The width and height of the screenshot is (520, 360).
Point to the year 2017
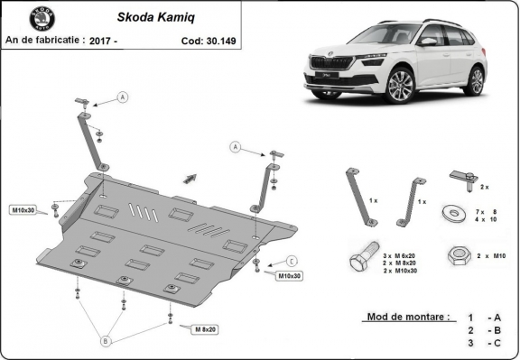click(x=104, y=41)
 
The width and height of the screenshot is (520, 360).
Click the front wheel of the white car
click(x=401, y=86)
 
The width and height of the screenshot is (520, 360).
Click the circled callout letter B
click(x=106, y=341)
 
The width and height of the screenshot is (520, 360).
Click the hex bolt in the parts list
click(x=361, y=261)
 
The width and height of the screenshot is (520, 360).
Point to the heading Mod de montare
click(x=407, y=318)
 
